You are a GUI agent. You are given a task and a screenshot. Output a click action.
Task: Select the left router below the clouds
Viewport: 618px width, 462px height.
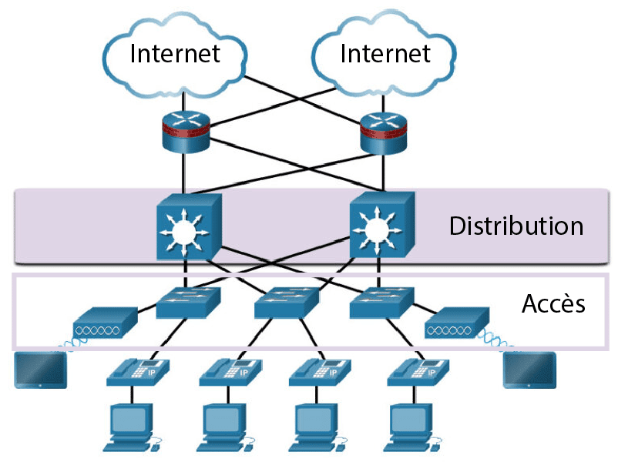click(185, 132)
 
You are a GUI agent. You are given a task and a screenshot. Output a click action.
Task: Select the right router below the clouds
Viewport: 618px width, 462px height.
click(383, 132)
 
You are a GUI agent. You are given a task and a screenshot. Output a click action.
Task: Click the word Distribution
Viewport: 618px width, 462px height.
click(516, 226)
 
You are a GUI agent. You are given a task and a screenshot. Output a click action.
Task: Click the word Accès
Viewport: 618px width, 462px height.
click(553, 304)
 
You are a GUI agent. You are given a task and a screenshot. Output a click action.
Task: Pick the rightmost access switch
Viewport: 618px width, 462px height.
click(381, 303)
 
